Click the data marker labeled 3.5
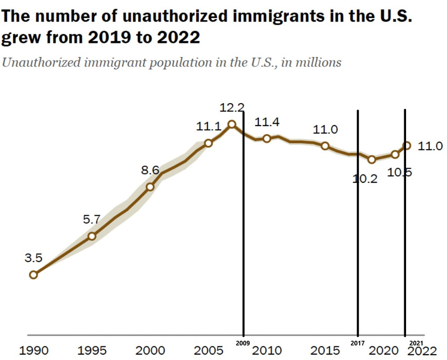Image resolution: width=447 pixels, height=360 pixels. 33,274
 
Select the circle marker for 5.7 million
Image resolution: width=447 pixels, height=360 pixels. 92,236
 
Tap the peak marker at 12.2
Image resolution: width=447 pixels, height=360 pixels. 232,124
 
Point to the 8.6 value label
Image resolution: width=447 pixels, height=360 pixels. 150,171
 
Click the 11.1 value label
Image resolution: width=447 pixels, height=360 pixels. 208,127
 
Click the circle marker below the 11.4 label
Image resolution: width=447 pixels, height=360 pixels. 266,138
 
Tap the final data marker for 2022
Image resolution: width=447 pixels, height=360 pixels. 407,145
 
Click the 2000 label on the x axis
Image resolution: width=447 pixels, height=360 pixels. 150,351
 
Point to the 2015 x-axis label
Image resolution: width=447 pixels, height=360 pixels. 325,351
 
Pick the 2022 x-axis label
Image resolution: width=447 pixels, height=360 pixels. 422,351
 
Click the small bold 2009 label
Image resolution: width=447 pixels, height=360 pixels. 244,343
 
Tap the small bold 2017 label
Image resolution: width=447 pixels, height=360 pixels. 358,343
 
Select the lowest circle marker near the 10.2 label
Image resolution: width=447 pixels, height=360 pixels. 372,159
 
